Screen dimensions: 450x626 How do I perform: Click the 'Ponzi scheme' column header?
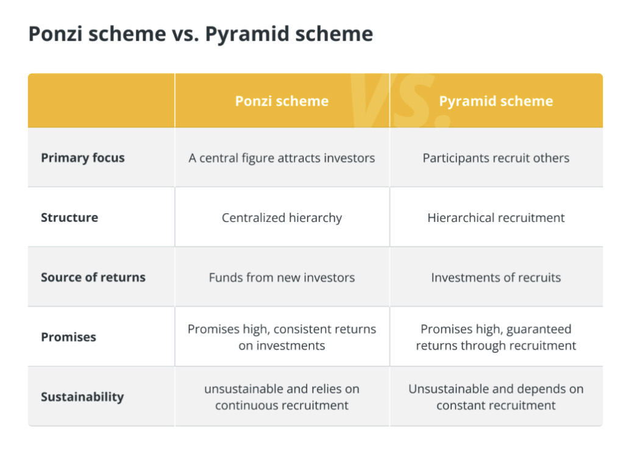[282, 101]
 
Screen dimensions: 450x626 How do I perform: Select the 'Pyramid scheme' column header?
[496, 101]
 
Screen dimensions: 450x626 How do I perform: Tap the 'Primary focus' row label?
[82, 158]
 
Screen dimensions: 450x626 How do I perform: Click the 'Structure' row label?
[69, 218]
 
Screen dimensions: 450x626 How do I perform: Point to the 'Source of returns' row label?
[93, 277]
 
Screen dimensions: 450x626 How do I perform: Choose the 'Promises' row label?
[68, 337]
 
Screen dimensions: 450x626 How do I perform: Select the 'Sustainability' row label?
[82, 397]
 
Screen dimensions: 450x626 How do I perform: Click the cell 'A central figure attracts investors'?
[282, 158]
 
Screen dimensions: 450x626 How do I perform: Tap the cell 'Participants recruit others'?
[496, 158]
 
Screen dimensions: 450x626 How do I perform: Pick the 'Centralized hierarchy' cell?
[282, 218]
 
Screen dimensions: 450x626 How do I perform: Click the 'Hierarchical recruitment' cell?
[496, 218]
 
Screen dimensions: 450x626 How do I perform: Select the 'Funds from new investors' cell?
[282, 277]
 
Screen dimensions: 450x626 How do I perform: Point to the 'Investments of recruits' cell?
[496, 277]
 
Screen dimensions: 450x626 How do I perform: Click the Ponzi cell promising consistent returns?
[282, 337]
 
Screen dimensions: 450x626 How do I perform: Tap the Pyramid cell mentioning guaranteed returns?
[496, 337]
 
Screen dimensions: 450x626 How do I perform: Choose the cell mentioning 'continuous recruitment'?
[282, 397]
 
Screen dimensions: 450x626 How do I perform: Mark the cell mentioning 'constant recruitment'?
[496, 397]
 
